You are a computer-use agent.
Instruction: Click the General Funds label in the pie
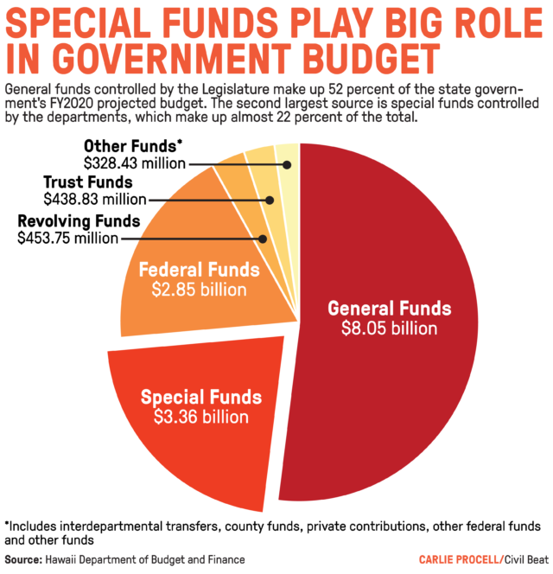[x=389, y=309]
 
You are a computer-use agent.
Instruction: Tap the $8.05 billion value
[x=389, y=328]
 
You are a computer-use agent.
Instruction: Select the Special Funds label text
[x=200, y=398]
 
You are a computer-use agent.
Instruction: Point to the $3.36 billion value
[x=200, y=418]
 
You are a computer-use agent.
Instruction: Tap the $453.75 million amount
[x=67, y=237]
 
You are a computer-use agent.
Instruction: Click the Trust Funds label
[x=87, y=182]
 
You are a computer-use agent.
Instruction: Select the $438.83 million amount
[x=87, y=199]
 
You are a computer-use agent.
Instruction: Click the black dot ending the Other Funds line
[x=287, y=163]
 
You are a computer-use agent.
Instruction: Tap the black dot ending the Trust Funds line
[x=270, y=200]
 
